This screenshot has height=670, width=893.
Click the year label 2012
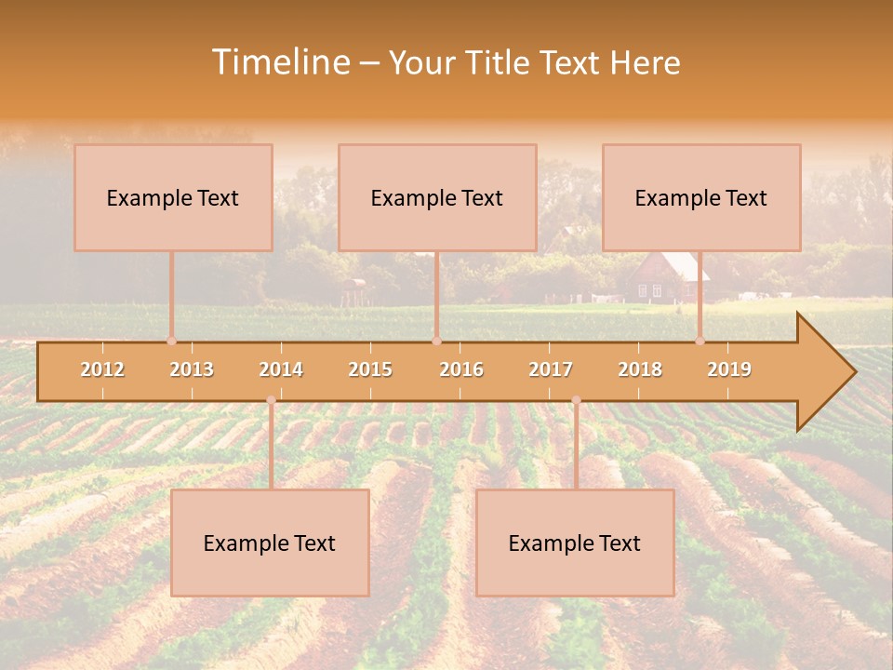tap(102, 369)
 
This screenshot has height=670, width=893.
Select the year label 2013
tap(192, 369)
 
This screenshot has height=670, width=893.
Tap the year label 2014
tap(281, 369)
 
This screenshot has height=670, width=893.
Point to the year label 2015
tap(370, 369)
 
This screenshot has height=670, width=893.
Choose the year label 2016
tap(461, 369)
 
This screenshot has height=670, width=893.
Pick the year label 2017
tap(551, 369)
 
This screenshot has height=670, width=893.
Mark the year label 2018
tap(640, 369)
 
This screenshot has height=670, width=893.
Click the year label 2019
tap(729, 369)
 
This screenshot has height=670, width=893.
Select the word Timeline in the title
tap(279, 62)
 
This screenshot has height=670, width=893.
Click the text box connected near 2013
tap(173, 197)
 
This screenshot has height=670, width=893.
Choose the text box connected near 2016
tap(437, 197)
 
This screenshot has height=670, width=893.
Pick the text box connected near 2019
tap(701, 197)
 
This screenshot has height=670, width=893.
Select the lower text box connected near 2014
tap(270, 543)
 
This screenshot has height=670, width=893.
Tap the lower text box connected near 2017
tap(575, 543)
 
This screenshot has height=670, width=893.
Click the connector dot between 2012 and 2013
tap(171, 341)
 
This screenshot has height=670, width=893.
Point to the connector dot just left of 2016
tap(436, 341)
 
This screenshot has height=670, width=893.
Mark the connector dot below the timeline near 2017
tap(576, 400)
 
